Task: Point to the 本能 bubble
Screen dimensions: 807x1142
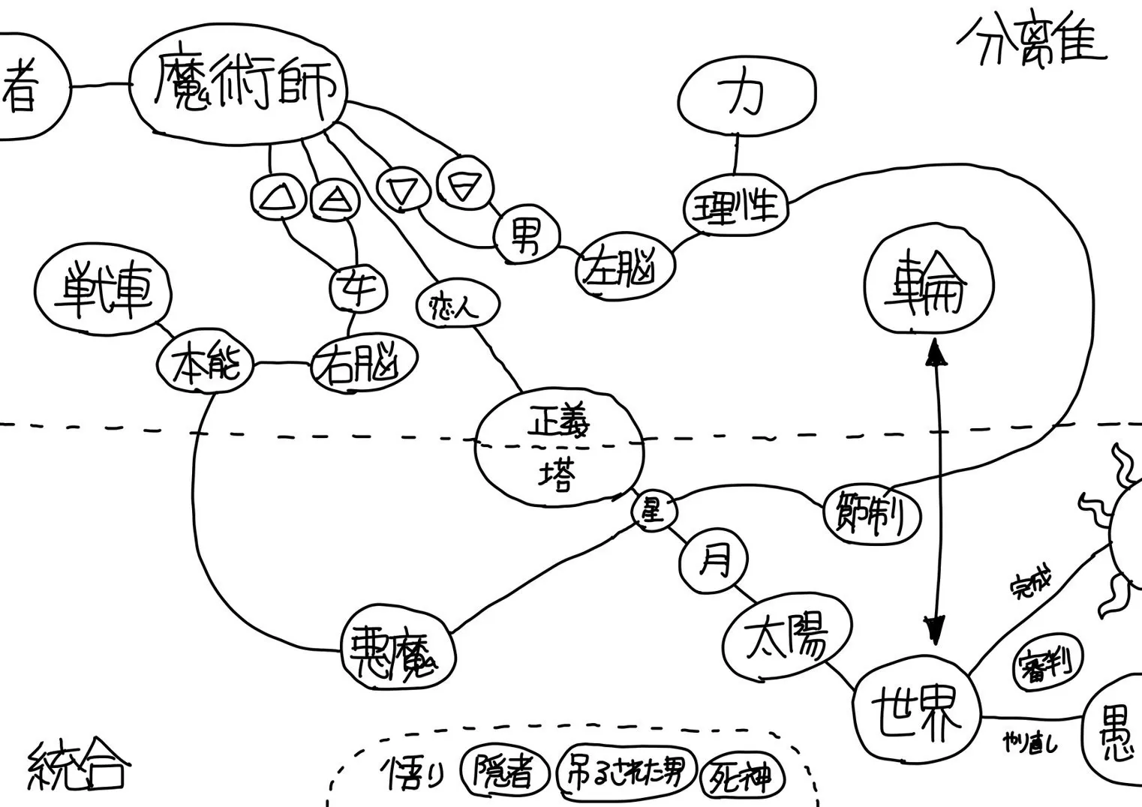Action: tap(204, 365)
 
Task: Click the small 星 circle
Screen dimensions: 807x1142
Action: tap(653, 511)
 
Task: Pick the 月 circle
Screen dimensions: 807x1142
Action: tap(714, 560)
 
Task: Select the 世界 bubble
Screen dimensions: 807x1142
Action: tap(917, 712)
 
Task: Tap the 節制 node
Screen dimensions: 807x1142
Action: tap(872, 514)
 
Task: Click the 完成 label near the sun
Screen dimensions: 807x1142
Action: tap(1032, 583)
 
